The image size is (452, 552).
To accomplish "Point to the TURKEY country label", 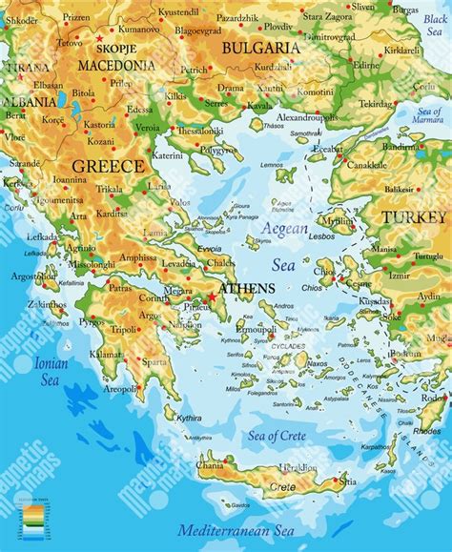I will coord(413,217).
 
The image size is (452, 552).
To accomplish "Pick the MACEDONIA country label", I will coord(116,66).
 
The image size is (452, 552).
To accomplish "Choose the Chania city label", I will coord(210,466).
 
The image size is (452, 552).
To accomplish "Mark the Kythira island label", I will coord(189,418).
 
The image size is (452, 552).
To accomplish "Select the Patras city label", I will coord(120,287).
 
